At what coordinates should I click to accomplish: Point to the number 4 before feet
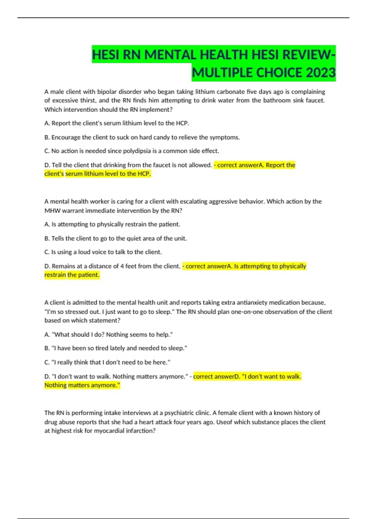click(x=122, y=266)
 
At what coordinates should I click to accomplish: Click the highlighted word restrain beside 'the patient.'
click(x=55, y=275)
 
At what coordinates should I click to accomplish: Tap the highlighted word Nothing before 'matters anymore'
click(x=55, y=385)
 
